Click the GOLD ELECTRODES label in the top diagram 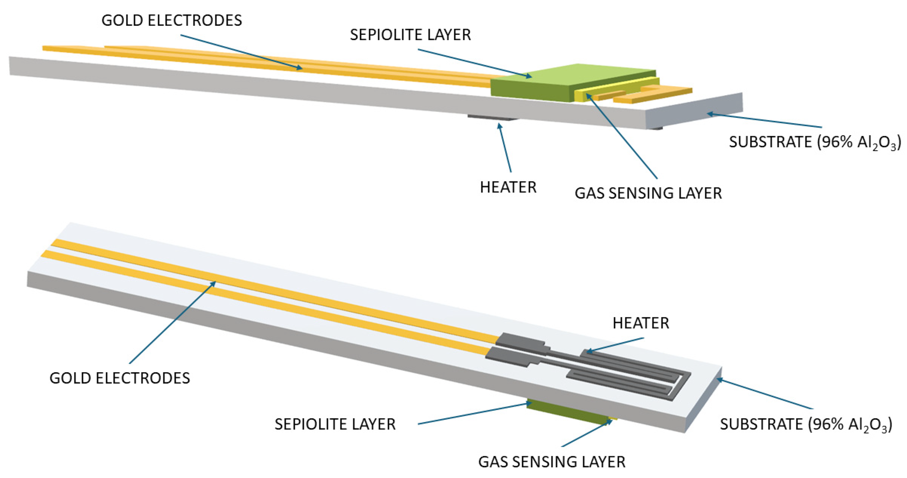(x=171, y=20)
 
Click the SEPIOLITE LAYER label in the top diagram (x=410, y=35)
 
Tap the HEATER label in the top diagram (x=508, y=187)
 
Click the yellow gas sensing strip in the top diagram (x=616, y=88)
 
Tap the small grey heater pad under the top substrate (x=493, y=117)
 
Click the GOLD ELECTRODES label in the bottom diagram (x=120, y=378)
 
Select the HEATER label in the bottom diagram (x=641, y=323)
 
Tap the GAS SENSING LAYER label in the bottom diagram (x=552, y=462)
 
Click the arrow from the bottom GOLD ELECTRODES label (x=172, y=322)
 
